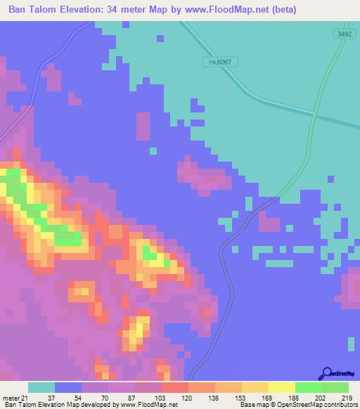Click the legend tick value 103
click(161, 398)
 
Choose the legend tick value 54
click(81, 398)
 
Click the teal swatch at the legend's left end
click(41, 387)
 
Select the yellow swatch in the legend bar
click(281, 387)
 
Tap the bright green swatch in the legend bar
click(308, 387)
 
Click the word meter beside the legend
click(9, 398)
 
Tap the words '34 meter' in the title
click(129, 10)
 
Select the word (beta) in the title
click(281, 10)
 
